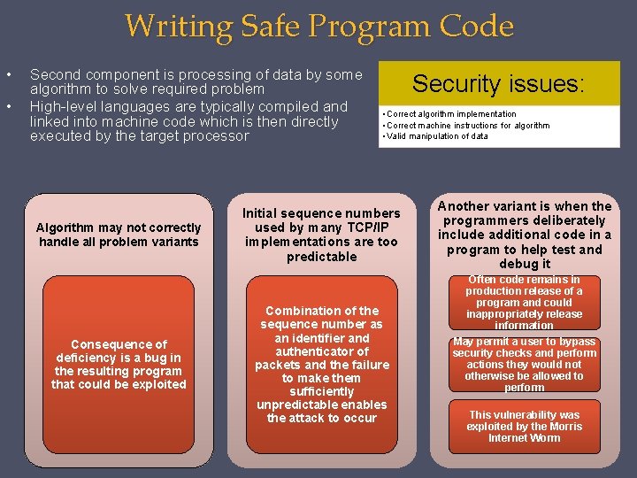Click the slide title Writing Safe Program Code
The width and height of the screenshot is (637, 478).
pyautogui.click(x=318, y=26)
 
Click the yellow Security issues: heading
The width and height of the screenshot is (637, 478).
pyautogui.click(x=498, y=83)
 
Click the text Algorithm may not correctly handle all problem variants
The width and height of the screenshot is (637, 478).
pyautogui.click(x=119, y=235)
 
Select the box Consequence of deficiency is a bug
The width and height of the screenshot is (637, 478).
pyautogui.click(x=119, y=365)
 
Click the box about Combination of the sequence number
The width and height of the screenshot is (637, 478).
pyautogui.click(x=322, y=365)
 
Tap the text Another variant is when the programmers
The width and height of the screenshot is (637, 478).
pyautogui.click(x=525, y=235)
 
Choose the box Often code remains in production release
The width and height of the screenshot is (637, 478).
pyautogui.click(x=524, y=303)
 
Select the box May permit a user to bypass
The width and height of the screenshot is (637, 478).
pyautogui.click(x=524, y=365)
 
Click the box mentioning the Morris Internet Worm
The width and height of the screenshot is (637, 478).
pyautogui.click(x=524, y=426)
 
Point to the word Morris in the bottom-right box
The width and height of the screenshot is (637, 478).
pyautogui.click(x=564, y=427)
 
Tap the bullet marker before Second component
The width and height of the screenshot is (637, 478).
pyautogui.click(x=8, y=74)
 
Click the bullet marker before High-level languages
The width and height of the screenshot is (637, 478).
pyautogui.click(x=8, y=106)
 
